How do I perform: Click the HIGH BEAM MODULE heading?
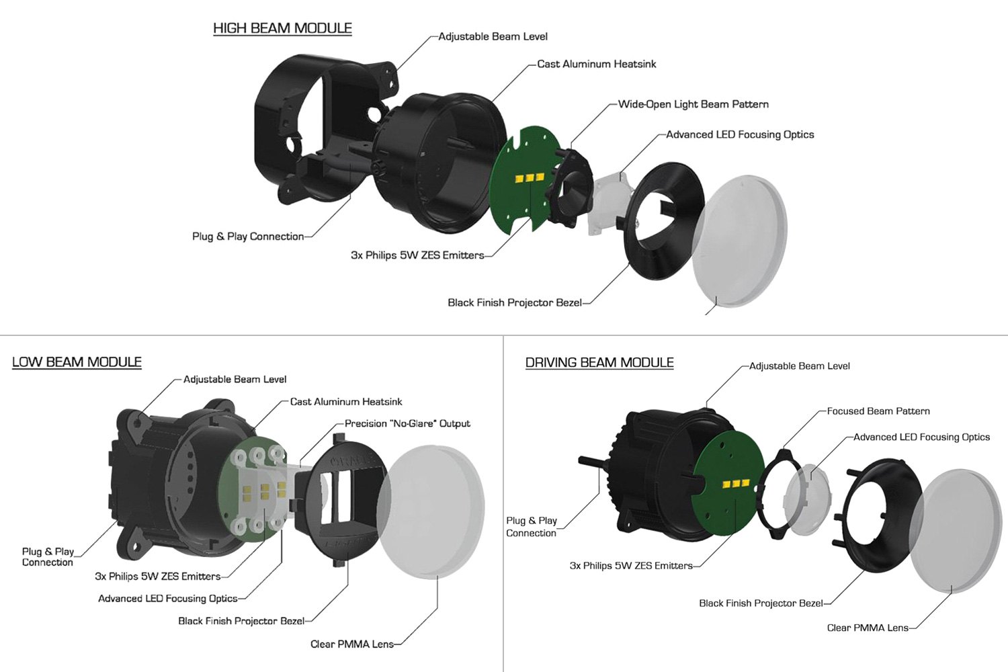coord(282,28)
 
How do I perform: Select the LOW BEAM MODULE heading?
coord(77,362)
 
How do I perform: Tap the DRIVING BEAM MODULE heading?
coord(599,362)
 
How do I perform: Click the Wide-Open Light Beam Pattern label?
coord(693,104)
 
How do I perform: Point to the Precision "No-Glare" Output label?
coord(407,423)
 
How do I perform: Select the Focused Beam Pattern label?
coord(878,411)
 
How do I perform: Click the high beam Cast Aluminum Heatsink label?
coord(596,64)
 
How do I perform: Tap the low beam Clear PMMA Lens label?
coord(352,644)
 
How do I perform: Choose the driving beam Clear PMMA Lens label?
coord(868,628)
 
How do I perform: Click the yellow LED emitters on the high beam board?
coord(530,178)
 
